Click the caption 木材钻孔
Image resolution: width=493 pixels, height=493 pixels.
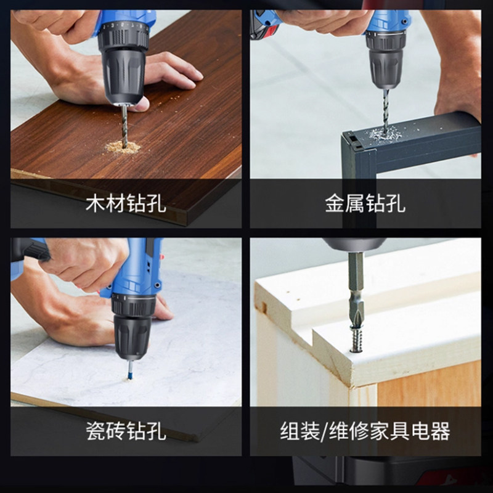coord(126,203)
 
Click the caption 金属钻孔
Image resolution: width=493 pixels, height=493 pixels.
coord(365,203)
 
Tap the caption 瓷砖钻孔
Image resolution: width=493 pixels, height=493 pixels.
coord(126,431)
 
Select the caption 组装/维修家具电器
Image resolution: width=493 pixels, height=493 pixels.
coord(365,431)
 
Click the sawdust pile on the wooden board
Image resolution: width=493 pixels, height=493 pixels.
coord(123,147)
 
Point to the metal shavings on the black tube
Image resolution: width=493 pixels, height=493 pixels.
coord(386,134)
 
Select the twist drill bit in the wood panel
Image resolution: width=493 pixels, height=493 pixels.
coord(125,126)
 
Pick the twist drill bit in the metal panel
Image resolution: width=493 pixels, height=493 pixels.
coord(386,110)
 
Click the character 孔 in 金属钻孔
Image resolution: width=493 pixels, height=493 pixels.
coord(396,203)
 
